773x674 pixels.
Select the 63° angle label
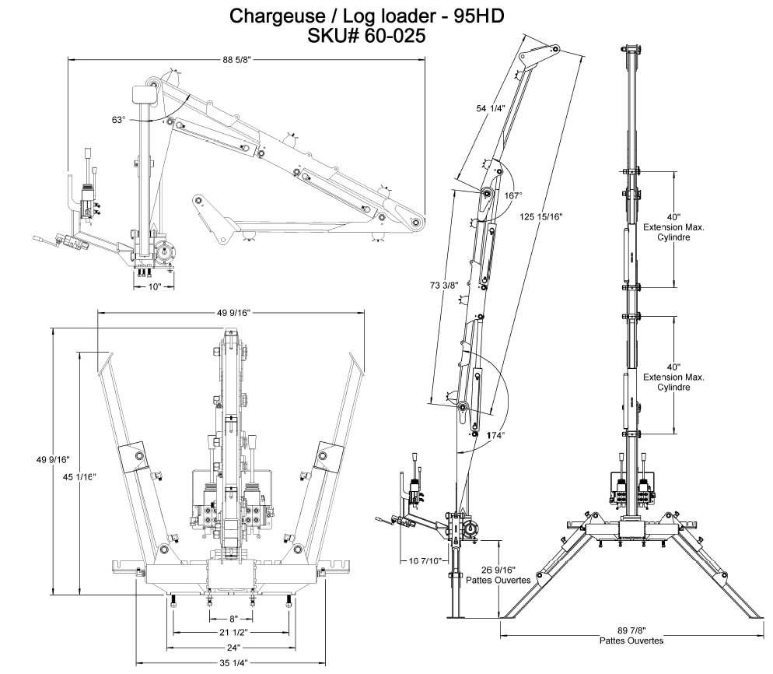pyautogui.click(x=118, y=121)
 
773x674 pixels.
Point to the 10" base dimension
pyautogui.click(x=154, y=287)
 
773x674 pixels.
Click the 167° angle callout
pyautogui.click(x=512, y=195)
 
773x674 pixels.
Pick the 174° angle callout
pyautogui.click(x=496, y=434)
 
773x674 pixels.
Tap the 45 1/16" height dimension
pyautogui.click(x=79, y=476)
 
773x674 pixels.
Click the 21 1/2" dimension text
pyautogui.click(x=231, y=632)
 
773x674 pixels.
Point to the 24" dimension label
pyautogui.click(x=231, y=647)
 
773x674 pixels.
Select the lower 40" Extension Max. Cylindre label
pyautogui.click(x=673, y=377)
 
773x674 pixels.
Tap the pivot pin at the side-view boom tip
pyautogui.click(x=418, y=223)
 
